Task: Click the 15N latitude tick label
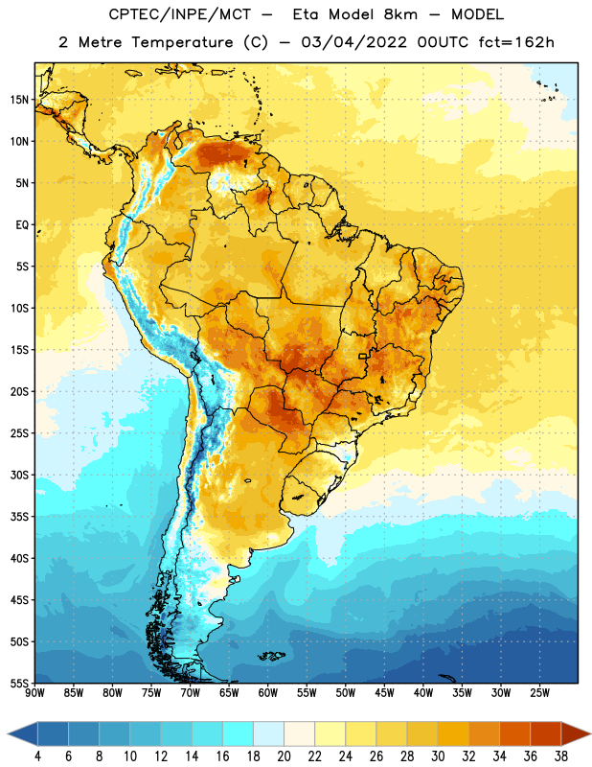point(19,100)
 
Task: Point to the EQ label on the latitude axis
point(22,225)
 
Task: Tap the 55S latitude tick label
point(19,683)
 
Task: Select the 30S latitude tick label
point(19,475)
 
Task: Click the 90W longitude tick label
point(34,693)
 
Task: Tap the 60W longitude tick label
point(268,693)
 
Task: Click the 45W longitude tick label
point(384,693)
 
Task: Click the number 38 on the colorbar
point(560,756)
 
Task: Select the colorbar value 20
point(284,756)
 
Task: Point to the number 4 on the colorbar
point(37,756)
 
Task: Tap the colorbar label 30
point(438,756)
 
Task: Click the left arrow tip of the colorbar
point(8,734)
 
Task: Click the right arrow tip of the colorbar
point(591,734)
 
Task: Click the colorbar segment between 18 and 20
point(268,734)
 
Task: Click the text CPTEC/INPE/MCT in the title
point(179,14)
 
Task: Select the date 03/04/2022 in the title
point(353,42)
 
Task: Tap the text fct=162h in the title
point(516,42)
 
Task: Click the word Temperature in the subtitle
point(182,42)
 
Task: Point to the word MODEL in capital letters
point(477,14)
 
